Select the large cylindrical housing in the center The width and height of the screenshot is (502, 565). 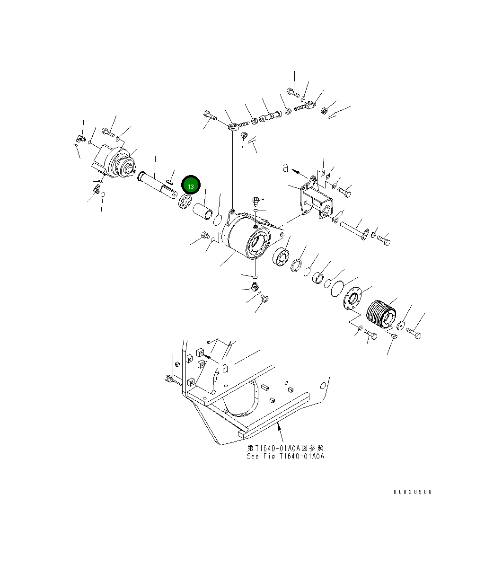(246, 236)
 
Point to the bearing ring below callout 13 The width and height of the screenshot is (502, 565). (185, 202)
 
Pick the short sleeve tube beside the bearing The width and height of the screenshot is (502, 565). (203, 211)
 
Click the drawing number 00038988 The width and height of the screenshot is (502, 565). (413, 492)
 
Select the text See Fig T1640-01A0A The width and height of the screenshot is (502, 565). (285, 457)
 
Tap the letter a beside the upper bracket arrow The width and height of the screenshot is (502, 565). (285, 167)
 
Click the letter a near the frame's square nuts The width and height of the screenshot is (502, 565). (225, 367)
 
